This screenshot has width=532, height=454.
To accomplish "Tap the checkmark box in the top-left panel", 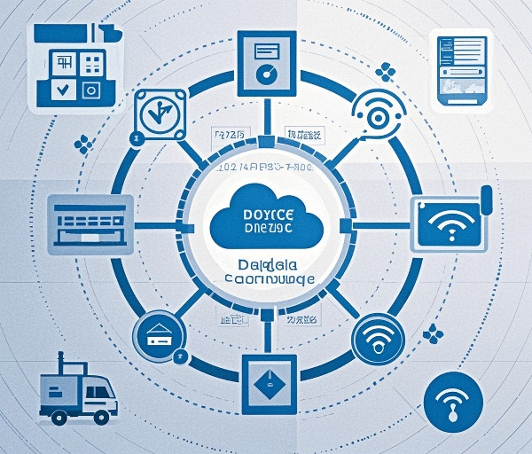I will [61, 89].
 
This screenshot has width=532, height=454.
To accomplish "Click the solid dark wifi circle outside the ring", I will [452, 400].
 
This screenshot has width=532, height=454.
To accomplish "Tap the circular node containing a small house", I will [159, 336].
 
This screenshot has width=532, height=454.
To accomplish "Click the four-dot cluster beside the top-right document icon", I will [386, 70].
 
